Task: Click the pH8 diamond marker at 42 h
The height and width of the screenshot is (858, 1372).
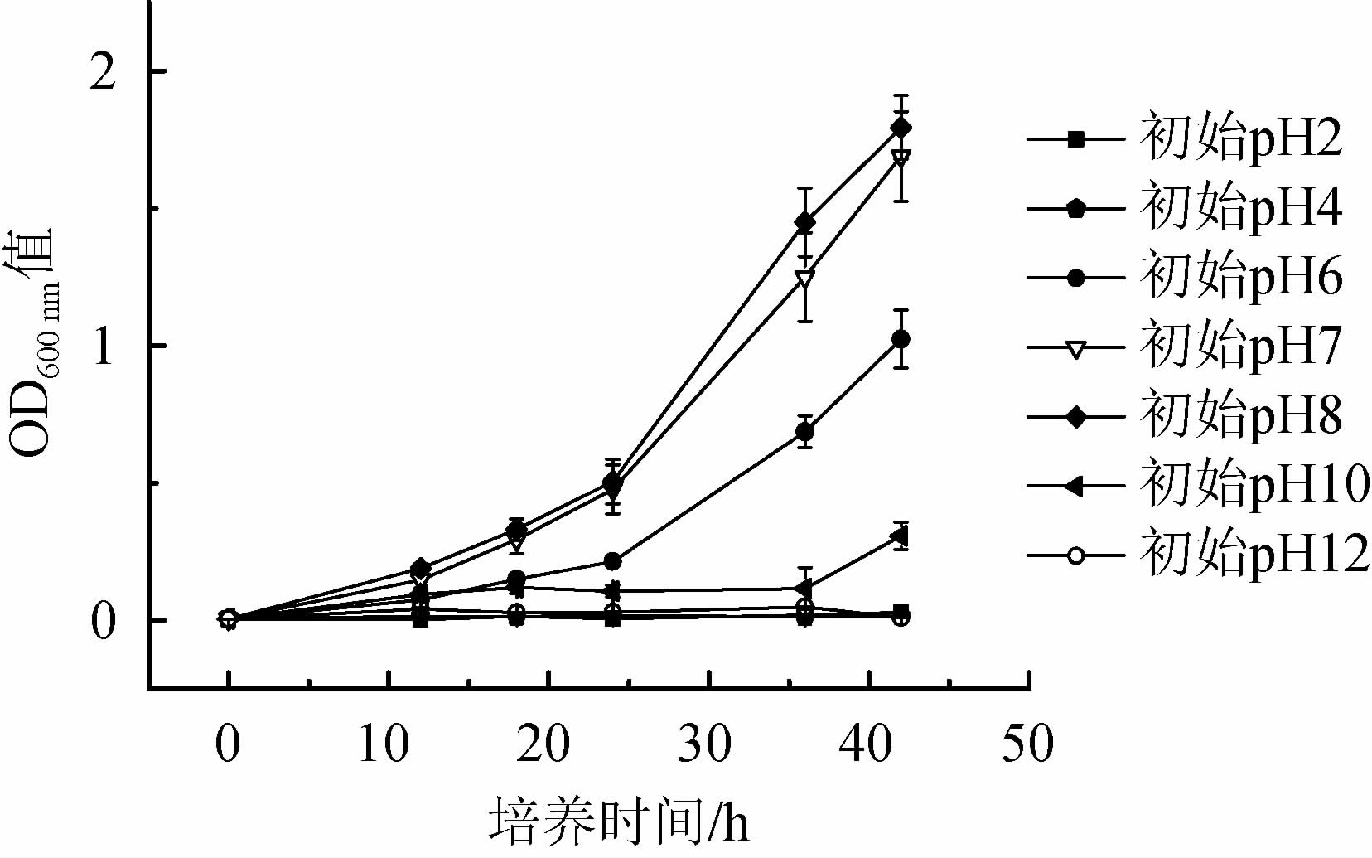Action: tap(901, 128)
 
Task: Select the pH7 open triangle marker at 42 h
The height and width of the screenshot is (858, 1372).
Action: tap(901, 158)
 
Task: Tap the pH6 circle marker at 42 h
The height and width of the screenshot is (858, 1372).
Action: tap(901, 339)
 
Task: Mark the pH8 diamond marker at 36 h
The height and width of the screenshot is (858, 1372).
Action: tap(804, 222)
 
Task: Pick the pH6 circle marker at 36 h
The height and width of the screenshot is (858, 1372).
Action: tap(804, 432)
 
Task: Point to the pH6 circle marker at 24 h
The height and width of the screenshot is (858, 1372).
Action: tap(612, 562)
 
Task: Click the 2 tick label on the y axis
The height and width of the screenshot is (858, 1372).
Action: tap(104, 72)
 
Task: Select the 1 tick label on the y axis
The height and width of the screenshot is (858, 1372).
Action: tap(104, 347)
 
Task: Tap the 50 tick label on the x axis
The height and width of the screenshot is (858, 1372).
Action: tap(1027, 744)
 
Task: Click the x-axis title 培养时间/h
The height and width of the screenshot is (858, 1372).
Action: tap(619, 822)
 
